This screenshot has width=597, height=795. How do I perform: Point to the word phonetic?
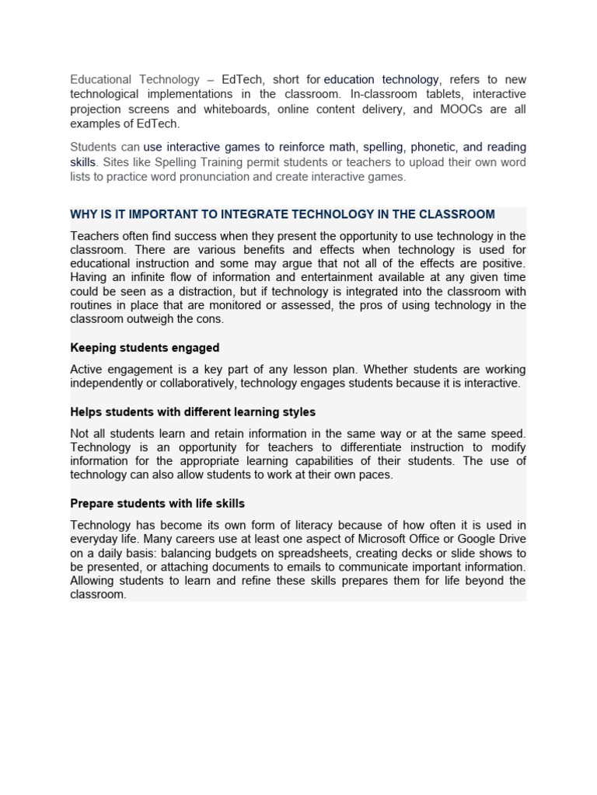click(x=433, y=147)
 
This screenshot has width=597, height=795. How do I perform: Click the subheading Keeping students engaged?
click(x=145, y=348)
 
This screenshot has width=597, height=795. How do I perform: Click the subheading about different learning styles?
click(x=193, y=412)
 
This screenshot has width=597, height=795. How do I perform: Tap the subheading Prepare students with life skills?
click(x=157, y=504)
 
